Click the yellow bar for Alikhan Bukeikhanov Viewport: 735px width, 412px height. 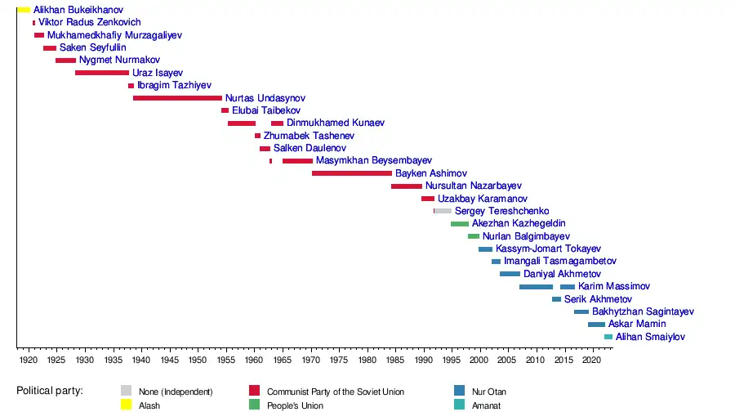coord(24,10)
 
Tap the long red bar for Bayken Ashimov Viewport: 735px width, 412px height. coord(352,173)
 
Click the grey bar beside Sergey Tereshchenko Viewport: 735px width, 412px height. coord(443,211)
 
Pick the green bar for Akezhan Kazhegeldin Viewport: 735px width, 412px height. coord(460,224)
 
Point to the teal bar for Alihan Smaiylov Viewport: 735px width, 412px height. coord(608,337)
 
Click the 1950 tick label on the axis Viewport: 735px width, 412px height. coord(198,360)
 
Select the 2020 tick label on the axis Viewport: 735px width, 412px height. coord(591,360)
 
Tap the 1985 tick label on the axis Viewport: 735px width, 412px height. coord(394,360)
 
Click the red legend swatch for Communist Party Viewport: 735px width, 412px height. coord(254,391)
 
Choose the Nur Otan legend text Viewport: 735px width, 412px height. coord(489,392)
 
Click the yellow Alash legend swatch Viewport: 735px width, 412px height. coord(126,404)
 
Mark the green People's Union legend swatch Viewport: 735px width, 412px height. coord(254,404)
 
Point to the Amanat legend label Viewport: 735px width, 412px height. coord(486,405)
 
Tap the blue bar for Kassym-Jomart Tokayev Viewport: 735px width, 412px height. coord(485,249)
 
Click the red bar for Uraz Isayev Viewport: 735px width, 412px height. coord(102,73)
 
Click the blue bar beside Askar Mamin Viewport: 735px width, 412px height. coord(596,325)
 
